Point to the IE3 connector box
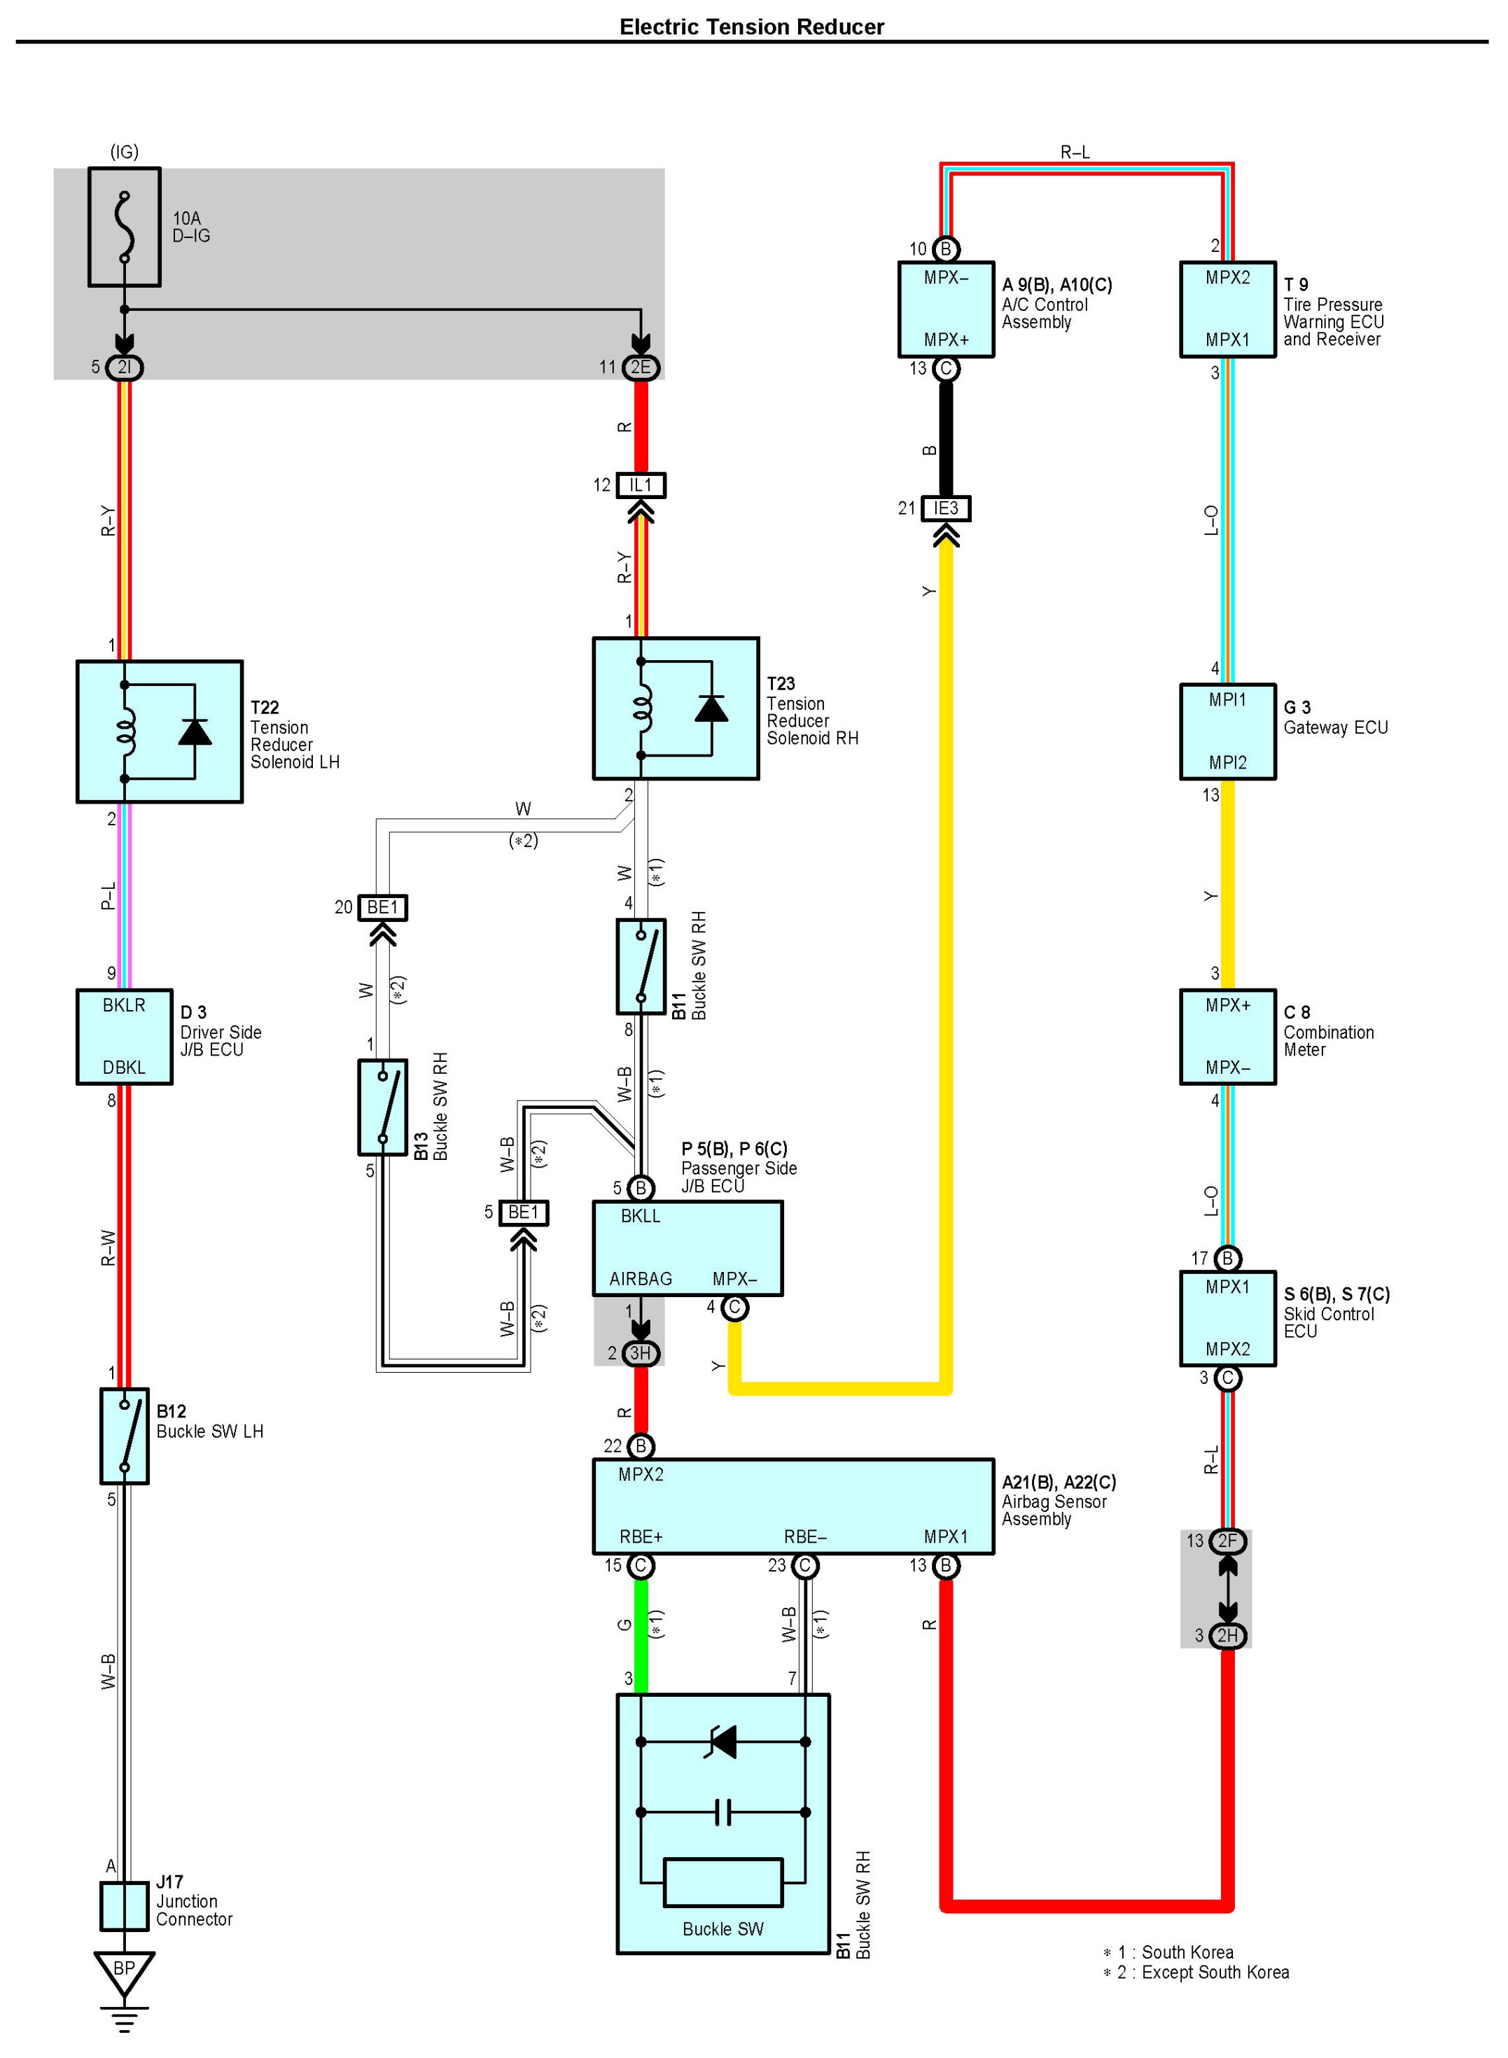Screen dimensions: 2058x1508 click(946, 508)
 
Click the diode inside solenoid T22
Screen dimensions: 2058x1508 click(195, 732)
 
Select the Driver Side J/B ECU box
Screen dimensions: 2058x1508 click(124, 1037)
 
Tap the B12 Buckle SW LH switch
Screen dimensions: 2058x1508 click(124, 1436)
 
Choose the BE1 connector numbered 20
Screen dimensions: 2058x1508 click(382, 908)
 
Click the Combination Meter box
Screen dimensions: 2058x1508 click(1228, 1037)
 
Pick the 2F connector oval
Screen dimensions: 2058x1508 click(1228, 1541)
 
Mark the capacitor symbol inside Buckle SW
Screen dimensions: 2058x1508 click(723, 1812)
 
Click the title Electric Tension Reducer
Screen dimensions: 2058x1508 click(751, 27)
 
